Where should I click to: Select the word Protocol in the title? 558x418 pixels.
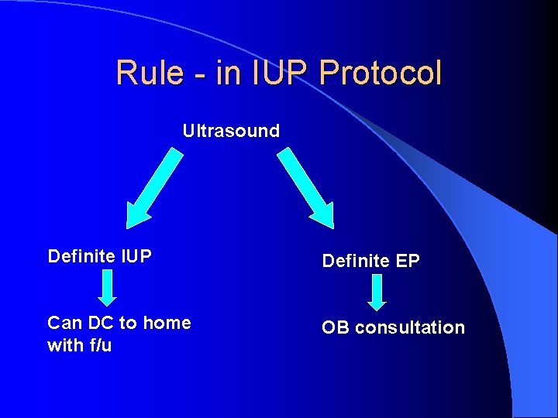click(381, 73)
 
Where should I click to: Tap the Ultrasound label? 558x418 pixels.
click(231, 131)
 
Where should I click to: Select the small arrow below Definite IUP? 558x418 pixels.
click(108, 287)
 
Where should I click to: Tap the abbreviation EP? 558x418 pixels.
click(407, 261)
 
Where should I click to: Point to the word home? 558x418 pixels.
click(167, 323)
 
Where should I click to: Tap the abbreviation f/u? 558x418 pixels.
click(101, 345)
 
